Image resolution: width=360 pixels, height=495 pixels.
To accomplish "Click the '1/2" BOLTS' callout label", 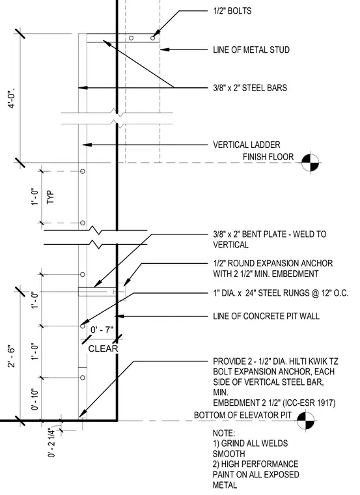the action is coord(232,11).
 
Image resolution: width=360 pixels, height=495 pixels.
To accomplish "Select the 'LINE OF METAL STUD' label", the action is coord(251,50).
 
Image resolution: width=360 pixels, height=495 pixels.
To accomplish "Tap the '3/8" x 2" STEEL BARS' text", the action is coord(250,88).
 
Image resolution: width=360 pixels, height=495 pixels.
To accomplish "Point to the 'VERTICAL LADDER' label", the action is coord(247,145).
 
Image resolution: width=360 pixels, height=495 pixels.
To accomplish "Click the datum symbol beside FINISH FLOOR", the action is coord(310,163).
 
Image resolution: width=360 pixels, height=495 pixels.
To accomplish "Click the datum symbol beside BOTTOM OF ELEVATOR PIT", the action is coord(306,421).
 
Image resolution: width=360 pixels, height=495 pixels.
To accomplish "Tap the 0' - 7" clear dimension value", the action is coord(102,330).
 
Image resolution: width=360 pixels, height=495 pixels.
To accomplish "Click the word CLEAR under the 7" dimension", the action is coord(103,349).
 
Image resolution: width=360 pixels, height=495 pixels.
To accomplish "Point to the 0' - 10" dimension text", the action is coord(35,399).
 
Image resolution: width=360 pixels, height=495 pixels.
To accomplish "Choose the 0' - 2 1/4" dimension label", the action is coord(51,442).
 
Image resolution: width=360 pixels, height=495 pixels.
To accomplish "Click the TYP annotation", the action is coord(51,197).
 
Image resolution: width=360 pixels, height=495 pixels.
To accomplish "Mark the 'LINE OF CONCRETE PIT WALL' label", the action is coord(266,316).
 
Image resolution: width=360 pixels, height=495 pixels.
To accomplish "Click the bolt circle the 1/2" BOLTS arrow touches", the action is coord(153,38).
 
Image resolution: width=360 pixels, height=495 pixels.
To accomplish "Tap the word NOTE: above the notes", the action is coord(224,433).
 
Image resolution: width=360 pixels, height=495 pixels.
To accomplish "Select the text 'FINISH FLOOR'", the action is coord(268,157).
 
